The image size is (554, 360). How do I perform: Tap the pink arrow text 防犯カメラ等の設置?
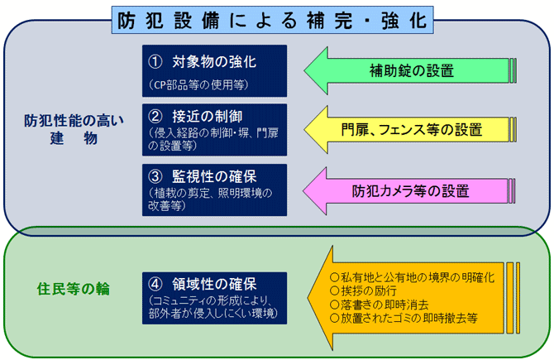click(x=411, y=190)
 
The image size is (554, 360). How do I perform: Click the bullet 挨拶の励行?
click(x=368, y=290)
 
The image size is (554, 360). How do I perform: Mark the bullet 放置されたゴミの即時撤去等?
click(x=404, y=317)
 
